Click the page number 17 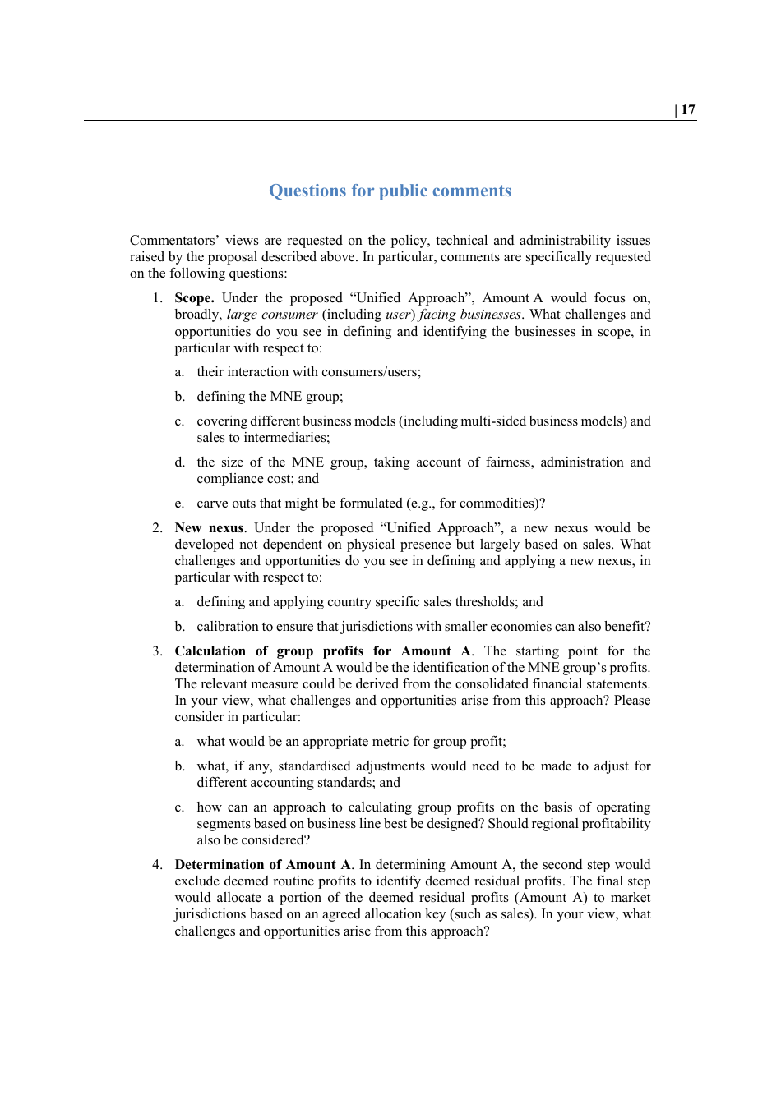click(x=688, y=110)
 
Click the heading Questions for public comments click(x=390, y=191)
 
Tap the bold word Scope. click(x=194, y=298)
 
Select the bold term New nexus click(x=209, y=528)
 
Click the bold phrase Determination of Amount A click(x=263, y=865)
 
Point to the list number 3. click(x=156, y=651)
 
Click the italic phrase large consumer click(x=272, y=315)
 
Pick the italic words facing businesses click(x=469, y=315)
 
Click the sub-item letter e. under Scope click(x=179, y=504)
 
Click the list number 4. click(x=156, y=865)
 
